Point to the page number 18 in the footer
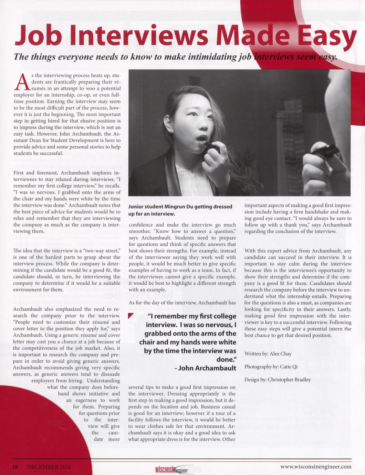15,467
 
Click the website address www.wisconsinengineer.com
316,467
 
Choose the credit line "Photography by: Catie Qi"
271,367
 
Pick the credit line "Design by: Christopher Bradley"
278,380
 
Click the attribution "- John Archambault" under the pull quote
206,368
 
